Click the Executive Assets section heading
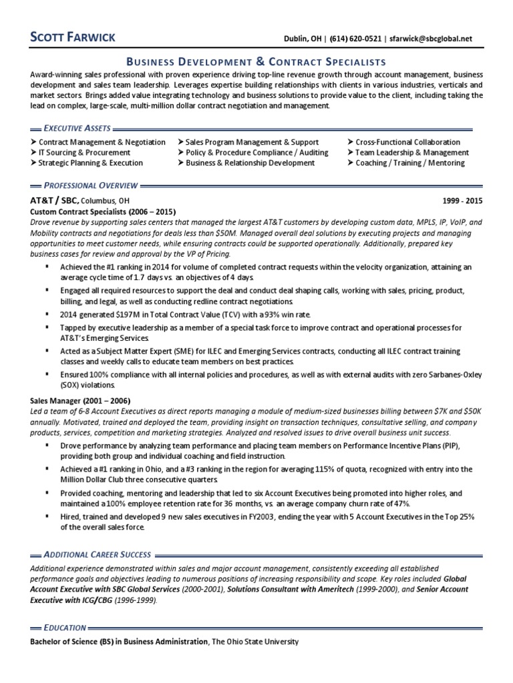(77, 127)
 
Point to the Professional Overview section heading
(90, 184)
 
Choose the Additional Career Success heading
(96, 554)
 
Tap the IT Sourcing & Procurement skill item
(84, 152)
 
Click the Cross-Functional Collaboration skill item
(407, 142)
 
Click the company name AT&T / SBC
(54, 200)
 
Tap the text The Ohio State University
(256, 642)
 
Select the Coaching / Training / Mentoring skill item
(409, 163)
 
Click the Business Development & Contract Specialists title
(256, 61)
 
